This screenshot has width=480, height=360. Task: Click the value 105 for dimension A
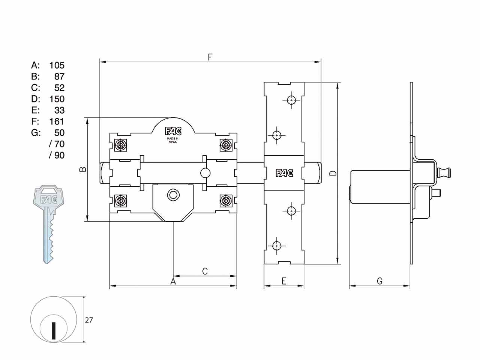coord(57,65)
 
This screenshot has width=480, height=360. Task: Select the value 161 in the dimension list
coord(57,121)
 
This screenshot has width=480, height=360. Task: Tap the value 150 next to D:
coord(57,99)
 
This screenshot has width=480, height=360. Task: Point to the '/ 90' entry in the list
coord(57,155)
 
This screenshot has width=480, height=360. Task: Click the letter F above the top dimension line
coord(210,57)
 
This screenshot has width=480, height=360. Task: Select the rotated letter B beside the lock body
coord(82,169)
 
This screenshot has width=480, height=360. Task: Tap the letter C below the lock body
coord(205,271)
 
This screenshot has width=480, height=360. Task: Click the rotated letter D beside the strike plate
coord(333,173)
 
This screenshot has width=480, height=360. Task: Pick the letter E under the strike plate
coord(284,281)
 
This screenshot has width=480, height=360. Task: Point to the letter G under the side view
coord(379,281)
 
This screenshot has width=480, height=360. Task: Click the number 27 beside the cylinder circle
coord(89,320)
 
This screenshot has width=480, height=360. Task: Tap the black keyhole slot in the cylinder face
coord(53,330)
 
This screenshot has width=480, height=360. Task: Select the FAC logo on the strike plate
coord(284,173)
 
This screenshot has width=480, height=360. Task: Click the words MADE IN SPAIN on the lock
coord(172,140)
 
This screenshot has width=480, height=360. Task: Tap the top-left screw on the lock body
coord(121,145)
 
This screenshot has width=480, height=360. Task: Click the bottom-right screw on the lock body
coord(226,201)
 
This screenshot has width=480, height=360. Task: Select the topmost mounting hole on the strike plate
coord(291,100)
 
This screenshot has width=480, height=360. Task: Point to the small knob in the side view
coord(444,172)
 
